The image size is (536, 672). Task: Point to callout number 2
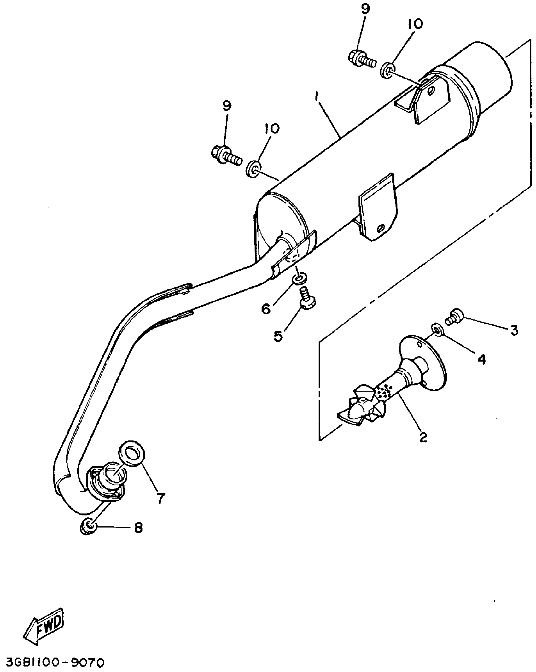(x=423, y=437)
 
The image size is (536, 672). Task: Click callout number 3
(x=514, y=330)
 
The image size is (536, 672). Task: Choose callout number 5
(x=278, y=336)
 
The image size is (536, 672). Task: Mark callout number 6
(x=266, y=309)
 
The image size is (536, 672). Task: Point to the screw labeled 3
(x=455, y=316)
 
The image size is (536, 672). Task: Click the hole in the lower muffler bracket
(x=382, y=227)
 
